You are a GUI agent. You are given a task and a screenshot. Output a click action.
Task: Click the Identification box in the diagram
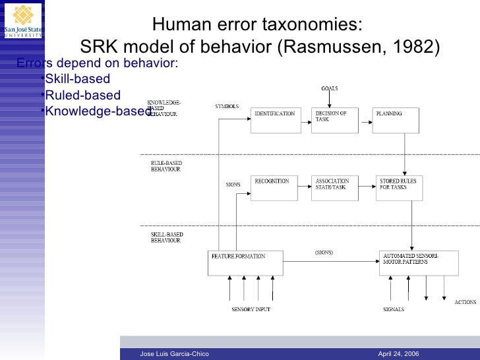(276, 121)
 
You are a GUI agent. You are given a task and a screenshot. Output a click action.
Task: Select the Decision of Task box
(334, 121)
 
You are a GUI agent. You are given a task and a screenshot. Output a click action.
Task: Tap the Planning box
(395, 121)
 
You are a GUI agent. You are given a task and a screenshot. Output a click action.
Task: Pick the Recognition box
(276, 188)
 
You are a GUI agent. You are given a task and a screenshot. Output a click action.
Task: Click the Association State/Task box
(334, 188)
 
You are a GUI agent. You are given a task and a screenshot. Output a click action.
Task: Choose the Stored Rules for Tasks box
(399, 188)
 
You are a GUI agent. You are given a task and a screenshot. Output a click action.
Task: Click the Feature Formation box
(245, 262)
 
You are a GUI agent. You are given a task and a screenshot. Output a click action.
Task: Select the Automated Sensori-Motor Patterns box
(418, 262)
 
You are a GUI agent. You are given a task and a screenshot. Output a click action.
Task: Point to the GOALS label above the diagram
(330, 88)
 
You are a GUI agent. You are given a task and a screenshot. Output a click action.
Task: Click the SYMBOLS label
(227, 106)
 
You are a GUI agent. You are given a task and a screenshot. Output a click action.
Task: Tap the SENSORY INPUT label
(251, 309)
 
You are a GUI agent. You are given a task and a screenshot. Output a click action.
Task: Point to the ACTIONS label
(465, 302)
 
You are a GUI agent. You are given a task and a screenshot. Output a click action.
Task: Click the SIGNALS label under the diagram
(394, 309)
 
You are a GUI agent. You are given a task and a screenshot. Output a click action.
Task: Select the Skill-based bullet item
(76, 80)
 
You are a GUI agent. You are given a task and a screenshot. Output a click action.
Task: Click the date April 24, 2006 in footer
(398, 354)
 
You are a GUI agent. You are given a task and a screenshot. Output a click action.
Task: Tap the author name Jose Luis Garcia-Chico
(175, 354)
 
